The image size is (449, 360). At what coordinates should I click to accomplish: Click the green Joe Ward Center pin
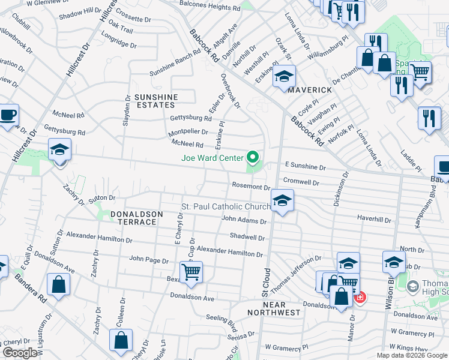pyautogui.click(x=253, y=158)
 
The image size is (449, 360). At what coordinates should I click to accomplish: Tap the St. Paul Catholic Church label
pyautogui.click(x=226, y=207)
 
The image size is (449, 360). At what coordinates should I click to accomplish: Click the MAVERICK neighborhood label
pyautogui.click(x=310, y=90)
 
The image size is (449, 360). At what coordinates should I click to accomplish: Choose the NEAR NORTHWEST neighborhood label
pyautogui.click(x=273, y=308)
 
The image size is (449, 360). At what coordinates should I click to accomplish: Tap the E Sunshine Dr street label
pyautogui.click(x=305, y=164)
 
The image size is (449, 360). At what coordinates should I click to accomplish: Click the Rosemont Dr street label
pyautogui.click(x=251, y=187)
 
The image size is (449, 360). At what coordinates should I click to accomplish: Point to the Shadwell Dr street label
pyautogui.click(x=247, y=237)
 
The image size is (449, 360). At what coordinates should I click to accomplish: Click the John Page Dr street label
pyautogui.click(x=149, y=260)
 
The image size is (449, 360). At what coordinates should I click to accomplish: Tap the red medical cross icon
pyautogui.click(x=360, y=297)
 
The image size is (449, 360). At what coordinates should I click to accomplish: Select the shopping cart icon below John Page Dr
pyautogui.click(x=191, y=272)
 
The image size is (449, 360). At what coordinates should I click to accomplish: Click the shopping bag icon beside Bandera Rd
pyautogui.click(x=58, y=284)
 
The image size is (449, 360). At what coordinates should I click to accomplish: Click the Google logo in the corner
pyautogui.click(x=20, y=353)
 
